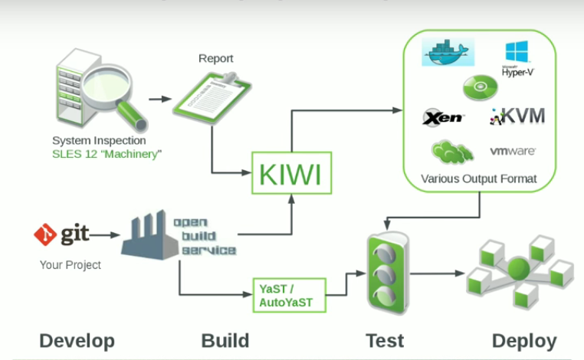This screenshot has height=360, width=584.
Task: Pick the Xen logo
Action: [443, 117]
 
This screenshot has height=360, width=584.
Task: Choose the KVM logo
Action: [517, 116]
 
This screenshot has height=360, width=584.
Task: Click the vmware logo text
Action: [513, 151]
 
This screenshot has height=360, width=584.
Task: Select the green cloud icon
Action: [451, 151]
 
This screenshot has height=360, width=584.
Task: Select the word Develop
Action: [77, 341]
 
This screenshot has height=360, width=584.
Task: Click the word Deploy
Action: [524, 341]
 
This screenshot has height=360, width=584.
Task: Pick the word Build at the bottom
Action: [225, 341]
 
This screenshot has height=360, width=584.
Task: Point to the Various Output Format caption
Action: [478, 179]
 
